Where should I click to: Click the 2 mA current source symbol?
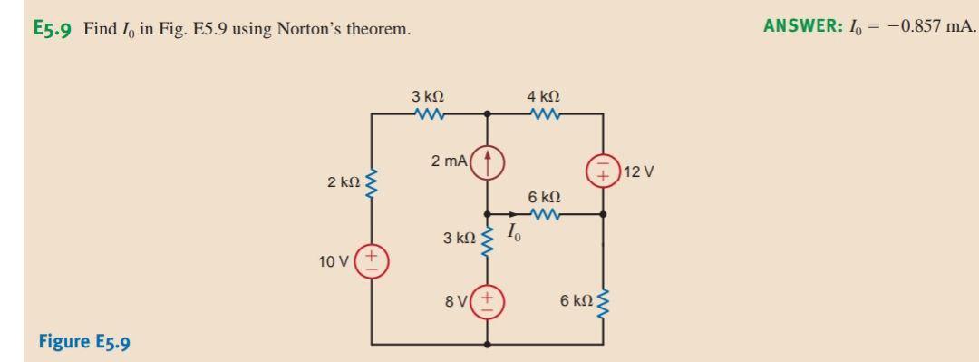point(489,161)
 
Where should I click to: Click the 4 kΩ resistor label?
point(542,95)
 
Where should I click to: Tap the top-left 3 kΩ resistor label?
point(426,95)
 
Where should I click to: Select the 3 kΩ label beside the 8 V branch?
point(459,239)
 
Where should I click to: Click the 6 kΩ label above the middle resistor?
point(543,197)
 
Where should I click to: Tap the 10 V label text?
point(334,262)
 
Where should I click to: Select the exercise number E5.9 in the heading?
point(54,29)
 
